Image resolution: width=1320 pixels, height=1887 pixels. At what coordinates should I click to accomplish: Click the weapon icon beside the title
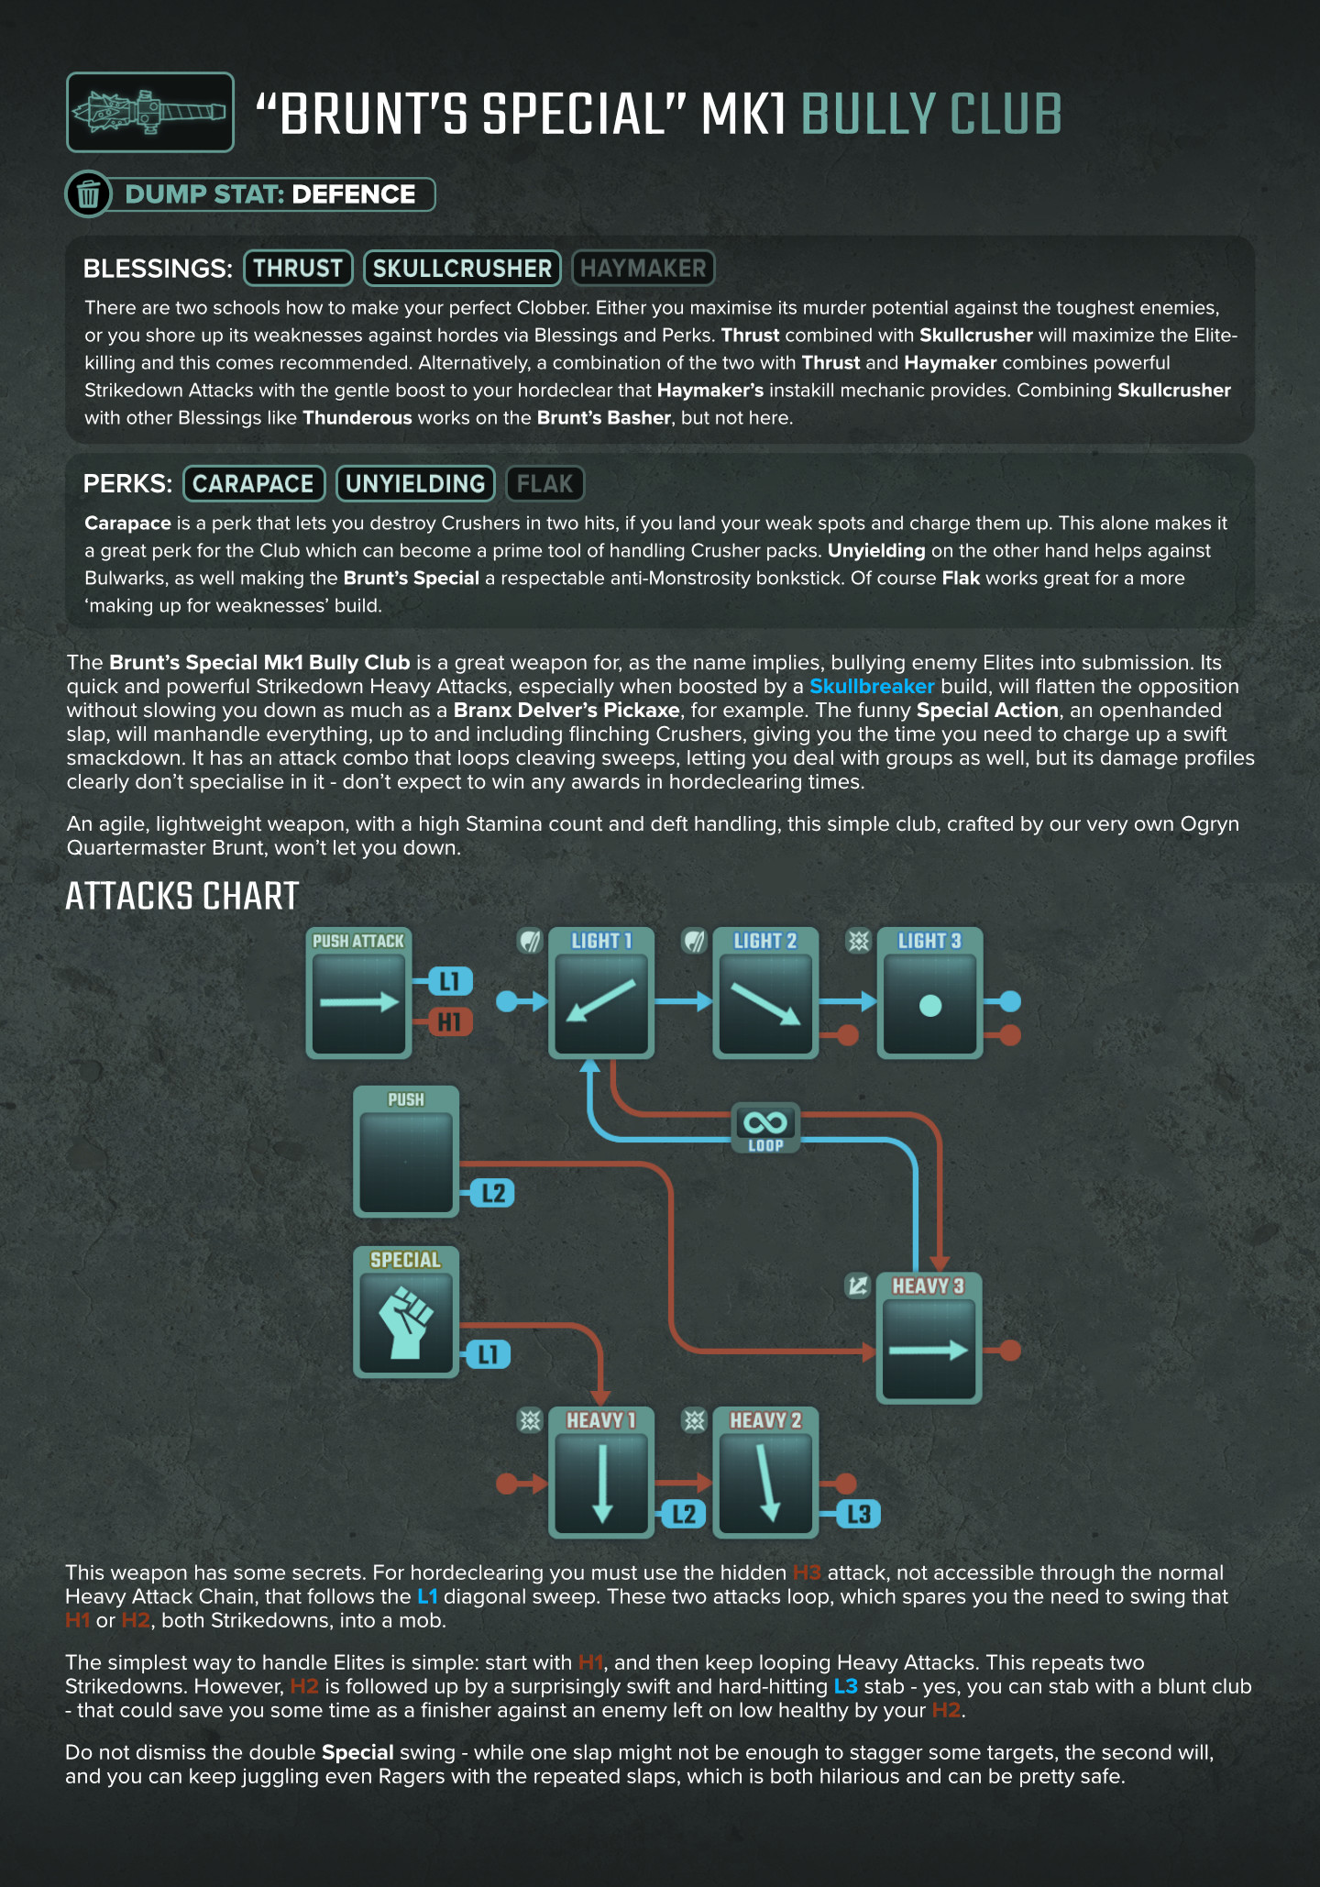(x=149, y=112)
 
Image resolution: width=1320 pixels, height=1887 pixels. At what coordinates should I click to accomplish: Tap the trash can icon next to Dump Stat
(x=89, y=194)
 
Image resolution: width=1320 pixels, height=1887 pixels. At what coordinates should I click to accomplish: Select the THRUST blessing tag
(x=298, y=268)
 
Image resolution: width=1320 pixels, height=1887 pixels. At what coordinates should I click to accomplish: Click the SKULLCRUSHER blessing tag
(x=462, y=268)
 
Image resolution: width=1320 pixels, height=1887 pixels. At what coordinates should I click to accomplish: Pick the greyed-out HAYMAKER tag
(x=643, y=268)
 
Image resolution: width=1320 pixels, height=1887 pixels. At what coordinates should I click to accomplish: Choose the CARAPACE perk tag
(x=254, y=483)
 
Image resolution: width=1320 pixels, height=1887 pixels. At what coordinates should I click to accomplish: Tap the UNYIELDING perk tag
(x=415, y=483)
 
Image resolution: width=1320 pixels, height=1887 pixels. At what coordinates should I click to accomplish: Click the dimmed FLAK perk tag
(x=544, y=483)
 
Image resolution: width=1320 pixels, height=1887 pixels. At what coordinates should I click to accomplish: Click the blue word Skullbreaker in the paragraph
(x=871, y=686)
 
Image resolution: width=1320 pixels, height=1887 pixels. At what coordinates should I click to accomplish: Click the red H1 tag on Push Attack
(x=449, y=1021)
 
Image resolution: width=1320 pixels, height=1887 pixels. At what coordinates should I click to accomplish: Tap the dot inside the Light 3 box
(x=930, y=1006)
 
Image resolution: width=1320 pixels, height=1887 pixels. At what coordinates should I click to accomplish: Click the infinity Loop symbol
(x=765, y=1123)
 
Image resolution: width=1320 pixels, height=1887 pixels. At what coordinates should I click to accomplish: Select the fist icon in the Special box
(x=405, y=1322)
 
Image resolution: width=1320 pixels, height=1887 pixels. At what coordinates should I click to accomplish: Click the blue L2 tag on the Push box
(x=493, y=1193)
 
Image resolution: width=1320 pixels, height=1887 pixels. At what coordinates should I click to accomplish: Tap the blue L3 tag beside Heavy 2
(x=859, y=1514)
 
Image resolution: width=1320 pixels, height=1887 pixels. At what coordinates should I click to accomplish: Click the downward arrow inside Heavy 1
(x=602, y=1482)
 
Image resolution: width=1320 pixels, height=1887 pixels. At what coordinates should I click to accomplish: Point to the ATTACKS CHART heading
(x=182, y=896)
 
